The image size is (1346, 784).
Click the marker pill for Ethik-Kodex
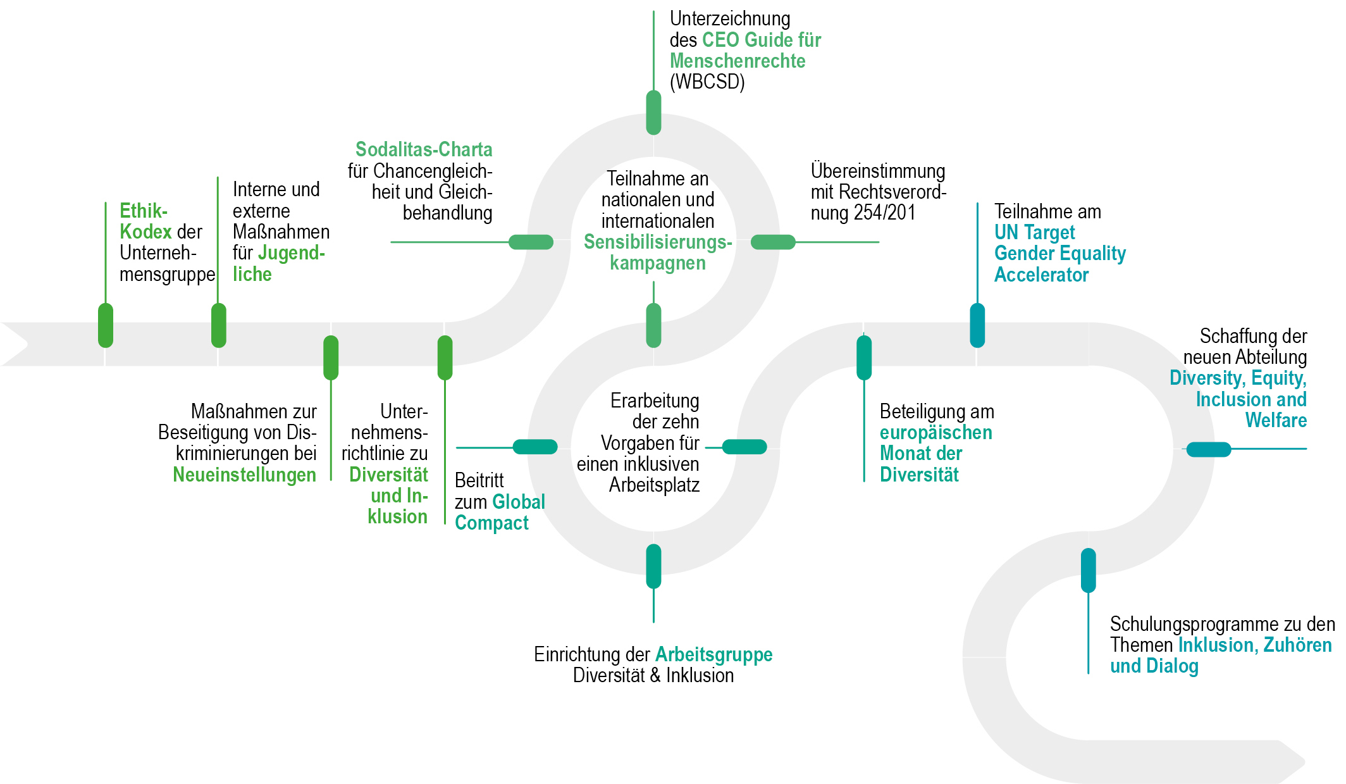[106, 325]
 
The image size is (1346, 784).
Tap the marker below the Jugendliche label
[218, 325]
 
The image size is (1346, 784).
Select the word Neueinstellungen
[244, 475]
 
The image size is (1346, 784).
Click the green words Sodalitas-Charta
[424, 149]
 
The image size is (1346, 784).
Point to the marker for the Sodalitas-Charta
[531, 242]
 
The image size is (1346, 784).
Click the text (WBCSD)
[707, 82]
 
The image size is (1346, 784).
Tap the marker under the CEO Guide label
[653, 113]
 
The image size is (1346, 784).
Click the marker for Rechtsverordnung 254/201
[773, 242]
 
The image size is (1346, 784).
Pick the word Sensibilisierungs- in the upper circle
[658, 242]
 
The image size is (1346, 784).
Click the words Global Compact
[500, 513]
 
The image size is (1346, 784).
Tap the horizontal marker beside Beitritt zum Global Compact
[535, 447]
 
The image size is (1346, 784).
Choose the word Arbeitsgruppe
[714, 654]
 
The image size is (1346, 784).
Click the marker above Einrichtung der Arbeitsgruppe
[653, 566]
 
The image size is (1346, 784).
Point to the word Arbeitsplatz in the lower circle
[654, 485]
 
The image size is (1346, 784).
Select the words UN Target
[1034, 232]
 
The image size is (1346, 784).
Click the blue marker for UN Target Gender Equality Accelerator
[977, 325]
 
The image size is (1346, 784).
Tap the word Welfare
[1276, 420]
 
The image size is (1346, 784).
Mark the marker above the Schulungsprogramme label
[1088, 570]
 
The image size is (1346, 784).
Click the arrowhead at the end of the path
[1290, 762]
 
